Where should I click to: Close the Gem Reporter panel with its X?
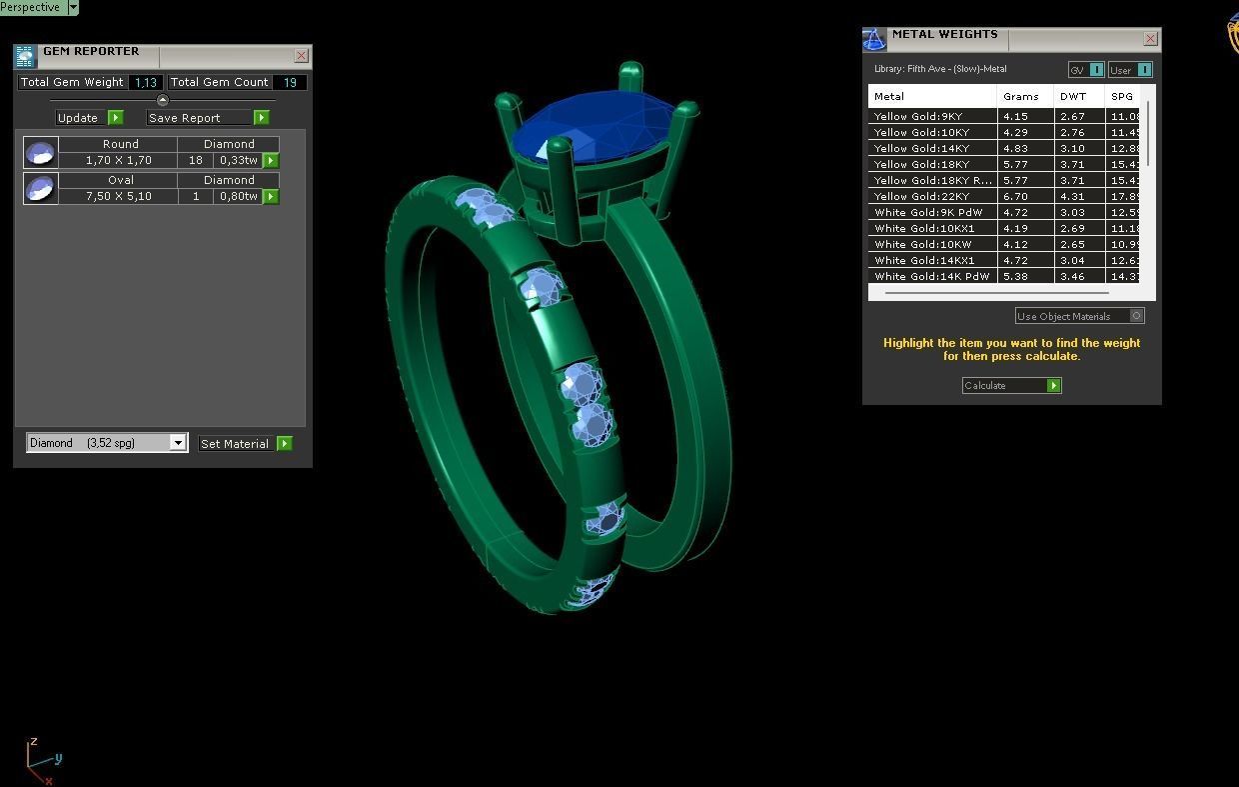(301, 56)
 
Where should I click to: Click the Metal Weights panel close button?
(1150, 39)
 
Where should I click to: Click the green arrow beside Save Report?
(261, 118)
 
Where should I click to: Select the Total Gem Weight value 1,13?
(146, 83)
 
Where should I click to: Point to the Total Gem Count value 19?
(290, 83)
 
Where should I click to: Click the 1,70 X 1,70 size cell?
(118, 161)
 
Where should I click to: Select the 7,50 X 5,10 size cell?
(118, 197)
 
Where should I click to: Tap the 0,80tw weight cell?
(238, 197)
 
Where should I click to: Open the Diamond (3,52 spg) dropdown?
(178, 443)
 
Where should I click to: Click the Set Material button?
(235, 444)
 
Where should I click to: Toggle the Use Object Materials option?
(1136, 316)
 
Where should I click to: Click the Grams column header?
(1021, 97)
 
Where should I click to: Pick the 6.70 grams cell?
(1015, 197)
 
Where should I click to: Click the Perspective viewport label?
(31, 7)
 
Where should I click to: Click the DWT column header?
(1073, 97)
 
